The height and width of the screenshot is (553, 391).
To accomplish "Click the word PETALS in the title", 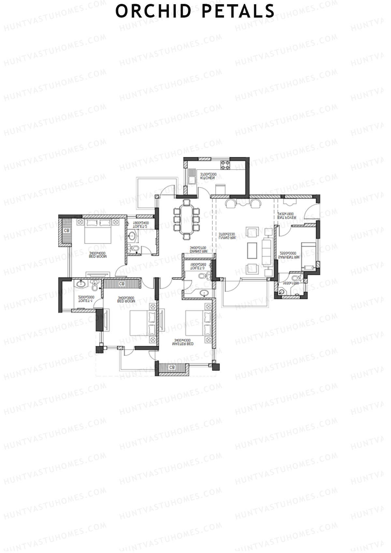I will (238, 11).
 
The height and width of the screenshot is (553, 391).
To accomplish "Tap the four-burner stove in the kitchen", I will (225, 165).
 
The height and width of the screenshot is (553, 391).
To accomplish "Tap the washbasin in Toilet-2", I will (132, 236).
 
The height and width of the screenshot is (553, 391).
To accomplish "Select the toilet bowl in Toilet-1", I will (94, 287).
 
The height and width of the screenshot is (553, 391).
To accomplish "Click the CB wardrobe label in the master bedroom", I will (172, 367).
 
